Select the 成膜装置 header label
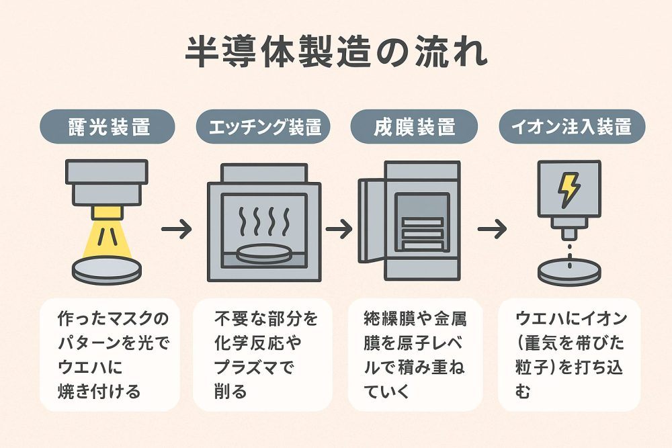413,127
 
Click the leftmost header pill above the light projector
108,127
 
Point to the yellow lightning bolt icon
569,190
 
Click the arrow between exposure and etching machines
177,229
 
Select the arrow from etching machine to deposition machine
339,229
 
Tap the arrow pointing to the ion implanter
492,229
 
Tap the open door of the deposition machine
370,222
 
